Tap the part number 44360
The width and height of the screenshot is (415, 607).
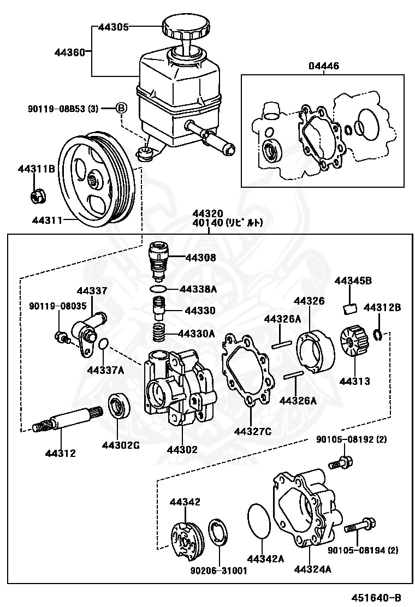pyautogui.click(x=69, y=53)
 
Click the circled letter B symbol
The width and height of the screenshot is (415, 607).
pyautogui.click(x=121, y=108)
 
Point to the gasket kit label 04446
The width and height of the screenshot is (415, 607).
pyautogui.click(x=323, y=67)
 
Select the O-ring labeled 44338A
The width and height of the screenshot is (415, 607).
pyautogui.click(x=158, y=288)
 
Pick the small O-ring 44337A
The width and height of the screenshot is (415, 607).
pyautogui.click(x=104, y=344)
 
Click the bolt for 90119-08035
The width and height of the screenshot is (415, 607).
pyautogui.click(x=61, y=337)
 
